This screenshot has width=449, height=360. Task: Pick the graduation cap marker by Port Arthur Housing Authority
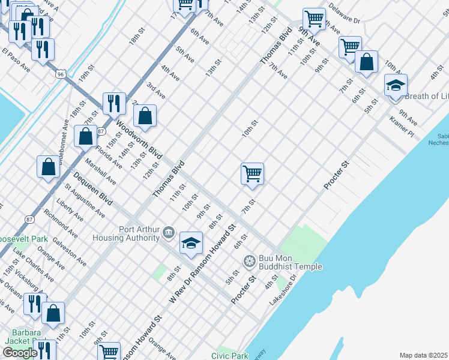[191, 244]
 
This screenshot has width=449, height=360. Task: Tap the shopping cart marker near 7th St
[252, 175]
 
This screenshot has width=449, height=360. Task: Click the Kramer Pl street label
[402, 126]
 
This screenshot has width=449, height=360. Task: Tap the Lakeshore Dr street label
[283, 290]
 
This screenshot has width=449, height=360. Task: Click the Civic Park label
[229, 355]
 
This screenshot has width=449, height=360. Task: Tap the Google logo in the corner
[20, 353]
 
